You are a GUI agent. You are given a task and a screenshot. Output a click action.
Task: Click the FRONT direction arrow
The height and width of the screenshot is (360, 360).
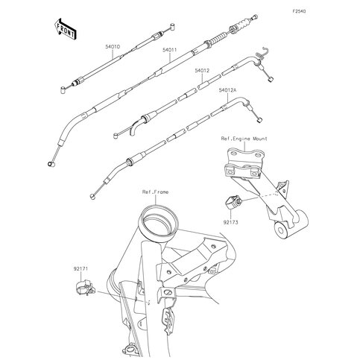tap(64, 28)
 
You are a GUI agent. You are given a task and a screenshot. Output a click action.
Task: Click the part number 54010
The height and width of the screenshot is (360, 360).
tap(113, 46)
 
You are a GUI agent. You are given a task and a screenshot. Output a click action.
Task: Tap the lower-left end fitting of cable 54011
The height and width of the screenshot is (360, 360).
tap(51, 162)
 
